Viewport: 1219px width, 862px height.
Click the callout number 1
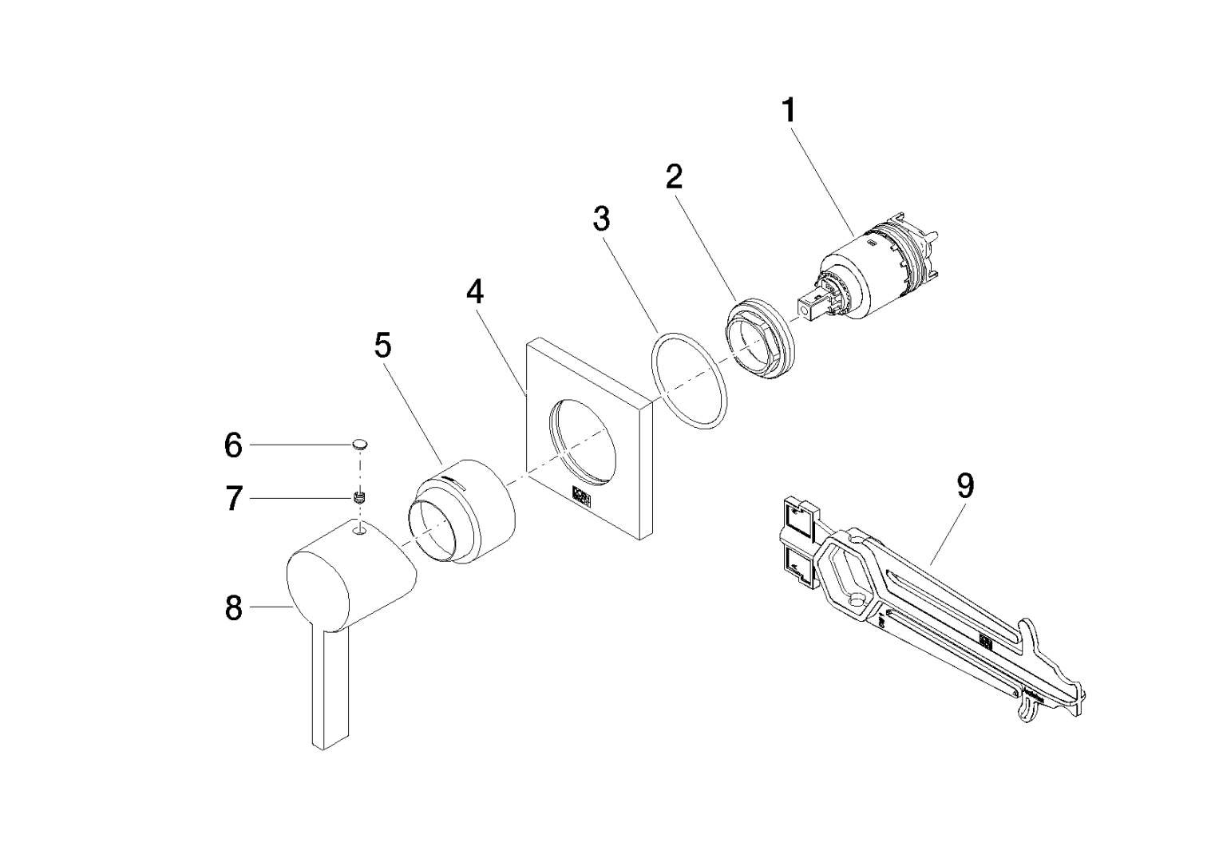click(788, 110)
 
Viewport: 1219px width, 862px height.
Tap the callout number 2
click(675, 177)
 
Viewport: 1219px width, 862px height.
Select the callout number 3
click(602, 218)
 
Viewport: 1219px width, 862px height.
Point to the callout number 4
click(475, 292)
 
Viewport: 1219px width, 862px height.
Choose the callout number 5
click(383, 346)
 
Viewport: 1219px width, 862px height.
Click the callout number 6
click(232, 445)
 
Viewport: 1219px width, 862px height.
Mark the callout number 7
click(232, 500)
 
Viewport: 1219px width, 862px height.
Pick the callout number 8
click(232, 608)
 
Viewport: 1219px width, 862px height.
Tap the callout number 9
click(965, 485)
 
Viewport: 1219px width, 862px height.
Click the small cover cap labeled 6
click(361, 443)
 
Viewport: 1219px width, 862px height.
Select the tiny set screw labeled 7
click(359, 498)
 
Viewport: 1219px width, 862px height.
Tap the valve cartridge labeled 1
click(870, 267)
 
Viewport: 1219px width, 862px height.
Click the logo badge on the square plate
click(581, 496)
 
